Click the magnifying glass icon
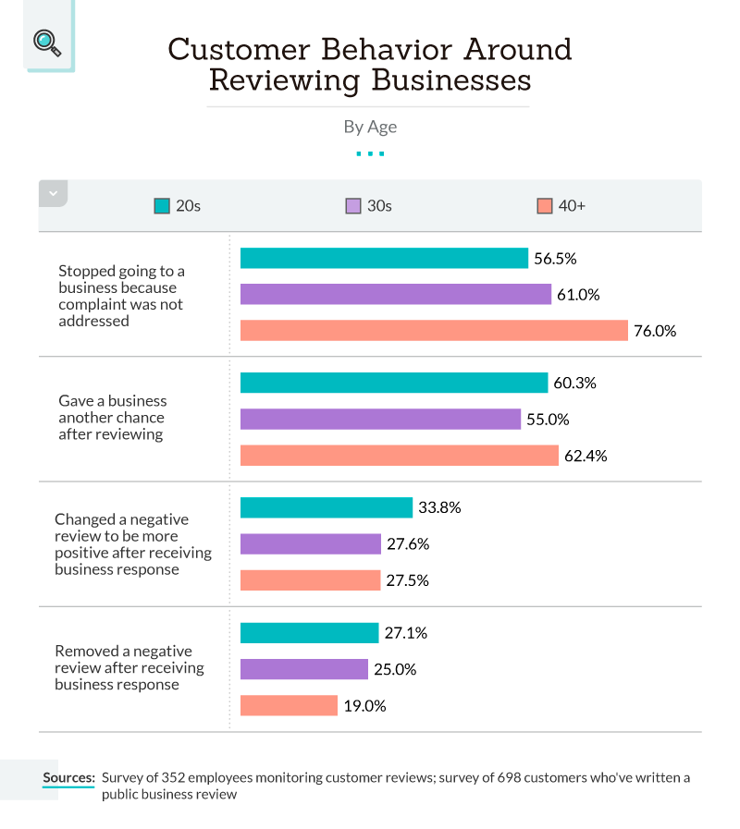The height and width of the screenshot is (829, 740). [x=46, y=43]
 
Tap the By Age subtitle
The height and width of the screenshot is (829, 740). [x=370, y=127]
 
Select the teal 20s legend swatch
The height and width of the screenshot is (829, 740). [x=162, y=206]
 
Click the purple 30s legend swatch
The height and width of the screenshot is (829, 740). [x=353, y=206]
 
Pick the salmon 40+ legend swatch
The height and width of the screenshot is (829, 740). [x=545, y=206]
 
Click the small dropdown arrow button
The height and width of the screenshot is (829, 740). [x=53, y=193]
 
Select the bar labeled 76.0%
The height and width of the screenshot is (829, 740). [x=434, y=330]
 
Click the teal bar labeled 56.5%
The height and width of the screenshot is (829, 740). [x=384, y=258]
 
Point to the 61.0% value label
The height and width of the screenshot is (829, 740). [x=578, y=295]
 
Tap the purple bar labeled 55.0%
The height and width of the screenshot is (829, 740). [x=393, y=419]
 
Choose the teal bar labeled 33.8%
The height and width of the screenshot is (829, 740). [x=326, y=507]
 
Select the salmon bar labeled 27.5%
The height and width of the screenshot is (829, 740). [x=310, y=580]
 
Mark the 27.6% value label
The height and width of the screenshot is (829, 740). [x=408, y=544]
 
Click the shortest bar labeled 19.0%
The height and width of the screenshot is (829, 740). [x=289, y=705]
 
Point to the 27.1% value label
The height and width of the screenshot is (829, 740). [x=406, y=633]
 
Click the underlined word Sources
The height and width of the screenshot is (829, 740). [x=68, y=777]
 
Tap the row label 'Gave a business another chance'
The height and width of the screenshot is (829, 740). [x=112, y=417]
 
